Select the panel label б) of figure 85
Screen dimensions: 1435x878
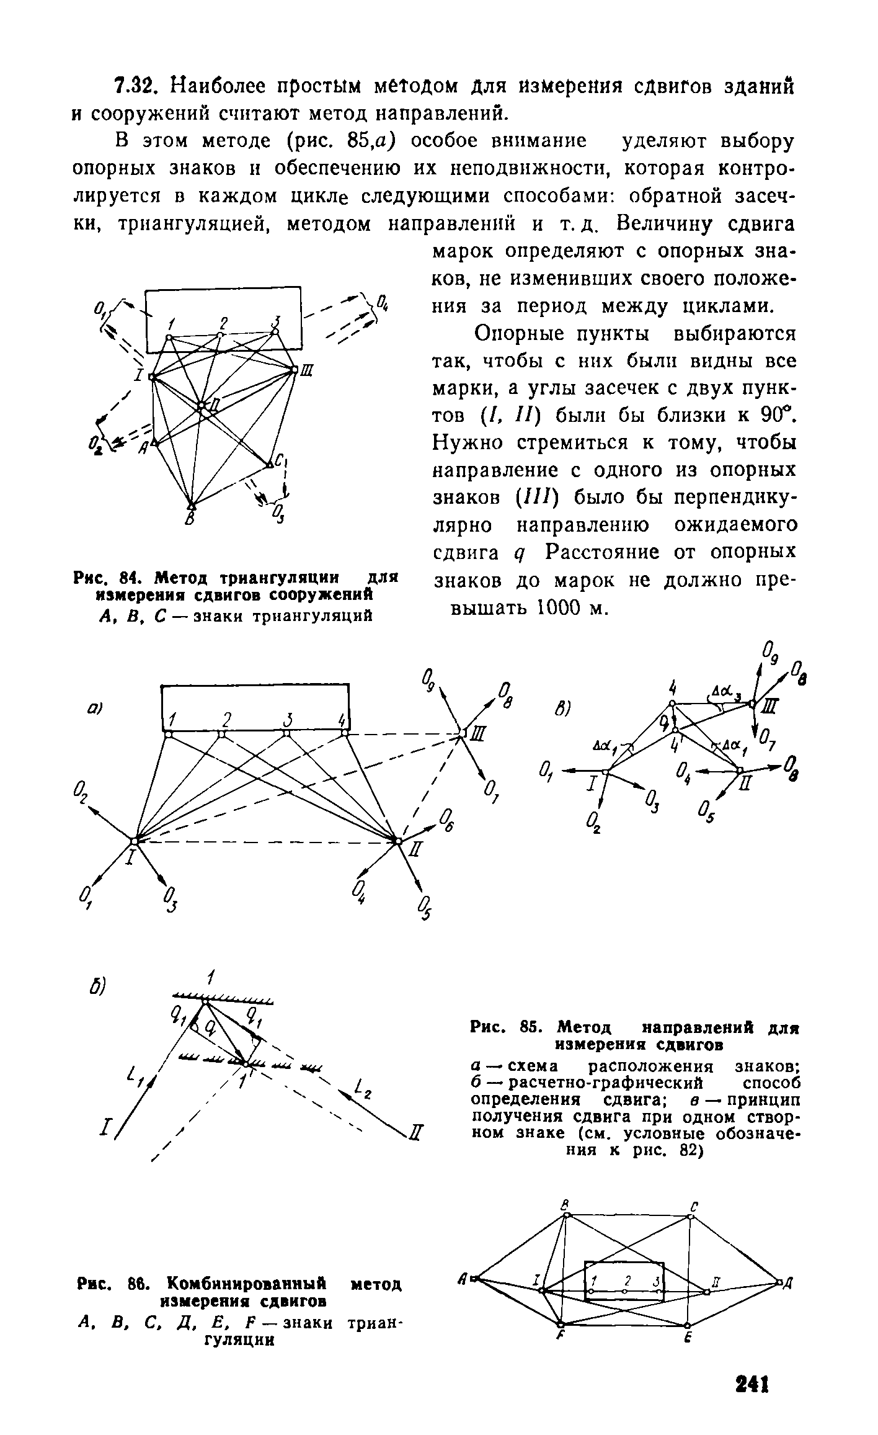97,987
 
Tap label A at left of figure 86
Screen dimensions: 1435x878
463,1279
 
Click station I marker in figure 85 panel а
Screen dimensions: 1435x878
134,841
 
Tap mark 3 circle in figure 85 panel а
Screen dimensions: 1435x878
286,733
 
